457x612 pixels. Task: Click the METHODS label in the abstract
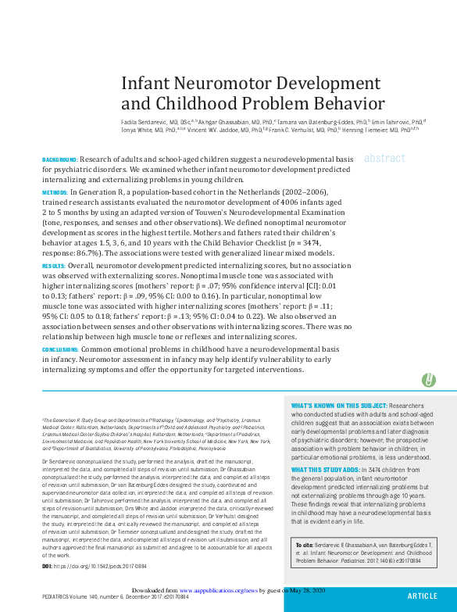55,191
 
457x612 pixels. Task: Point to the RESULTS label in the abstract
54,266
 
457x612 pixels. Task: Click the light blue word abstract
384,158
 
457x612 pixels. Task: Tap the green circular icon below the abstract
428,380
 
